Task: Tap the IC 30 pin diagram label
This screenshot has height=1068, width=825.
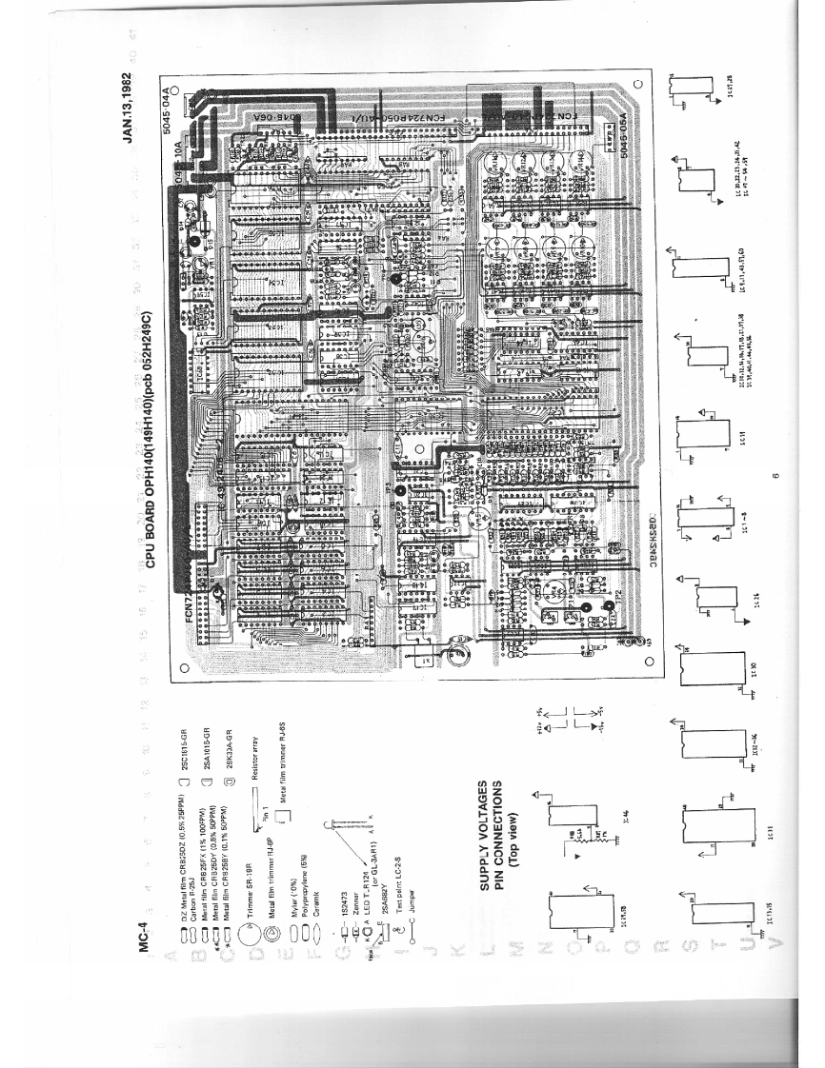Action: click(755, 663)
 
